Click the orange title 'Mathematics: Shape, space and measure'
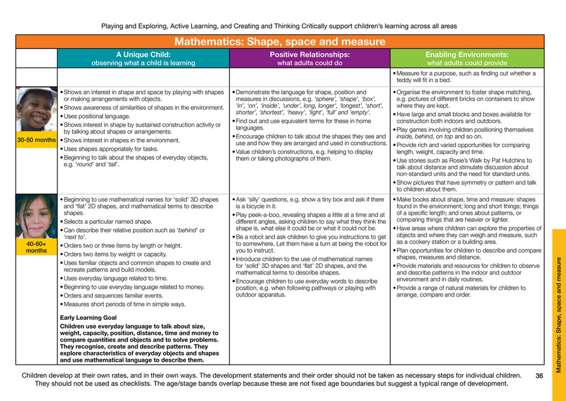pos(279,42)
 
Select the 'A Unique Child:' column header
pos(143,54)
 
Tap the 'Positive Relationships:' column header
pos(309,54)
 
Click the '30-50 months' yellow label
pos(36,140)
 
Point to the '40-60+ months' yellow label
pos(36,246)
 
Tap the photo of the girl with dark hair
pos(36,217)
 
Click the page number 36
pos(539,376)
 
